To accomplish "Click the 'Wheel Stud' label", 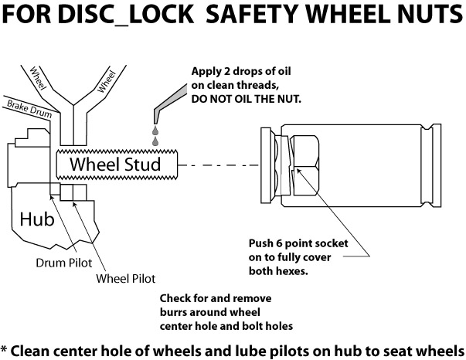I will click(115, 165).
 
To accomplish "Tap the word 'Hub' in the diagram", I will click(37, 219).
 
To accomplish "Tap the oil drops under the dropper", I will click(155, 137).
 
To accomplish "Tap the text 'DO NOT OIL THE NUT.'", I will click(246, 100).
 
